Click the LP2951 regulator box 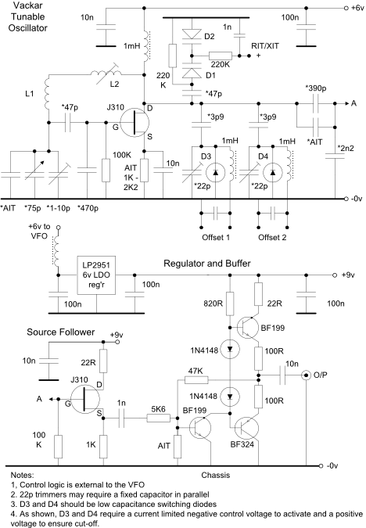[x=96, y=275]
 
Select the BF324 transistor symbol [x=247, y=429]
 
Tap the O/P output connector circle [x=306, y=375]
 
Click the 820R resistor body [x=230, y=304]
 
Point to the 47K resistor [x=196, y=380]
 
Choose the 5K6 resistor [x=158, y=418]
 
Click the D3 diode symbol [x=216, y=172]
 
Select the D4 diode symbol [x=273, y=172]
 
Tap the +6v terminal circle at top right [x=346, y=8]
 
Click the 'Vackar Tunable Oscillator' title [x=27, y=17]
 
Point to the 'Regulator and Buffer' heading [x=207, y=264]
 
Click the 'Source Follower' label [x=60, y=332]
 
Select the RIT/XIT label [x=265, y=46]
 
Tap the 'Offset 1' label [x=216, y=237]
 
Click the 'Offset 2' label [x=272, y=237]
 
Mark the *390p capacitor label [x=316, y=88]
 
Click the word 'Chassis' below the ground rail [x=216, y=475]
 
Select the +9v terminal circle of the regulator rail [x=335, y=275]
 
